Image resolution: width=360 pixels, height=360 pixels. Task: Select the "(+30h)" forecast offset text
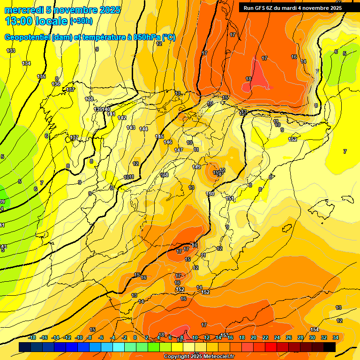pyautogui.click(x=81, y=21)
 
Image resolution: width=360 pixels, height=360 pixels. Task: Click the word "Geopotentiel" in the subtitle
pyautogui.click(x=27, y=37)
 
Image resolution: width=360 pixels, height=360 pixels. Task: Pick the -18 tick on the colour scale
pyautogui.click(x=32, y=337)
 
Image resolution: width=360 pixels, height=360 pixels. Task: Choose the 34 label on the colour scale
pyautogui.click(x=336, y=337)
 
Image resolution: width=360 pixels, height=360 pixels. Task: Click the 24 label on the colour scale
pyautogui.click(x=277, y=337)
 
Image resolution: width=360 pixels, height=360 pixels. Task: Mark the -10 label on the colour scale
pyautogui.click(x=79, y=337)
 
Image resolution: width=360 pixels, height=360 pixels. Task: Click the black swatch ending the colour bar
pyautogui.click(x=330, y=347)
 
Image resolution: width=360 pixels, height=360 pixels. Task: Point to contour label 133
pyautogui.click(x=11, y=51)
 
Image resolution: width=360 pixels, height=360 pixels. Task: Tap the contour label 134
pyautogui.click(x=26, y=63)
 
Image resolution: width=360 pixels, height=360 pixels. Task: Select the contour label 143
pyautogui.click(x=131, y=127)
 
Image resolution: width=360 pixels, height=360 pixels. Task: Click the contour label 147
pyautogui.click(x=179, y=150)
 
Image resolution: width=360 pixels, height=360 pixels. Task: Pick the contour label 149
pyautogui.click(x=196, y=167)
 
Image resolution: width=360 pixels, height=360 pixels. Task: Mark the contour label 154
pyautogui.click(x=315, y=330)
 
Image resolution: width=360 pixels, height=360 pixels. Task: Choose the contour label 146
pyautogui.click(x=168, y=142)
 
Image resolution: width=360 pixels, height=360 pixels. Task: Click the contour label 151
pyautogui.click(x=230, y=199)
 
